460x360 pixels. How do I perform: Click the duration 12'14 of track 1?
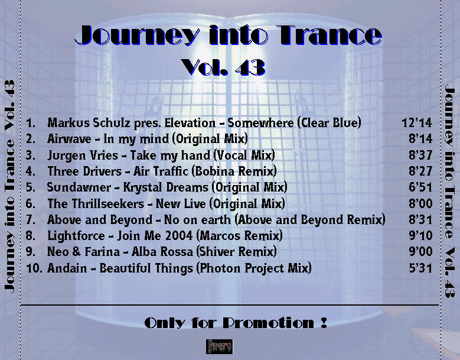point(417,122)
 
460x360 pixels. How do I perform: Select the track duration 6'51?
point(420,187)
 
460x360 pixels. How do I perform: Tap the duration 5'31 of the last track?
point(420,268)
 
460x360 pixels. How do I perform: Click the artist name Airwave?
point(69,138)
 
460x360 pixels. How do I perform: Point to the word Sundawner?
point(79,187)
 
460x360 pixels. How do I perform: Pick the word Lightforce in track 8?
point(76,236)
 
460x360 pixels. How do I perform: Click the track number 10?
point(34,268)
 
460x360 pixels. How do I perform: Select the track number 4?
point(31,171)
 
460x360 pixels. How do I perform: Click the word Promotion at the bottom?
point(269,323)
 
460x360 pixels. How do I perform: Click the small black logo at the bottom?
point(219,346)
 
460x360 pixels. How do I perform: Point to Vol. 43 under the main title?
point(223,67)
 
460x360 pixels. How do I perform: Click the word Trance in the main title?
point(329,35)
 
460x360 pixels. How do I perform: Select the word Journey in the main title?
point(137,35)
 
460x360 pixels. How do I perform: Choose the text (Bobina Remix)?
point(234,171)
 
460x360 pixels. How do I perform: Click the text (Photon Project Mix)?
point(254,268)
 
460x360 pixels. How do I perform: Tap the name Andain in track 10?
point(67,268)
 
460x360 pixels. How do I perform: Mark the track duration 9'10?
point(420,235)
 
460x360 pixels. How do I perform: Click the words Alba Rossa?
point(162,252)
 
